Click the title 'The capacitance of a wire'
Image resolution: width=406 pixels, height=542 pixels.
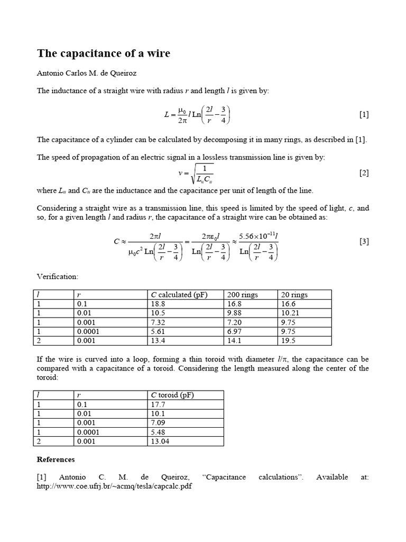[x=104, y=53]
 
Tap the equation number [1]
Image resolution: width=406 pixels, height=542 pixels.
[x=364, y=114]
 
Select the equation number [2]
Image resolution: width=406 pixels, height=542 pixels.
[x=364, y=173]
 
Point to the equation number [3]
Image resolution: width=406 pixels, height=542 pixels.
[x=364, y=241]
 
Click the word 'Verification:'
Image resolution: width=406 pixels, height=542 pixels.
[x=58, y=276]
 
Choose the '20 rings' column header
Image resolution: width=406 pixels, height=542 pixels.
[x=296, y=295]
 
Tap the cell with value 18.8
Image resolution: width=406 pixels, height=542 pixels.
[x=158, y=304]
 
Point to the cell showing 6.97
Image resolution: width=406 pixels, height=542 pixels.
[x=235, y=331]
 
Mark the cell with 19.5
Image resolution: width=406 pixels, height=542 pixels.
[x=289, y=340]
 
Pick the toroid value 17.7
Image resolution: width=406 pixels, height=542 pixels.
[x=158, y=404]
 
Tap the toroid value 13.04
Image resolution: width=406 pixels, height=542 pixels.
[x=160, y=440]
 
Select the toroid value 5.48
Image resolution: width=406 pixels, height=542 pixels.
[x=158, y=431]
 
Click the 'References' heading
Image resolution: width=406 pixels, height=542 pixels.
[x=56, y=459]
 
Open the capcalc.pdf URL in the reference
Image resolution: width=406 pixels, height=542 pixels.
[x=114, y=486]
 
